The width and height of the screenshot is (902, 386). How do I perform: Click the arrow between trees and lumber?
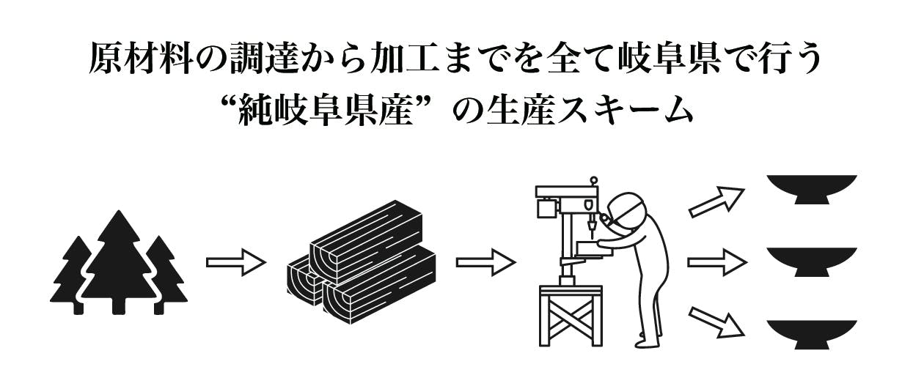[236, 262]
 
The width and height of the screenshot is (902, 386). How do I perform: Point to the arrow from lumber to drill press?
[486, 262]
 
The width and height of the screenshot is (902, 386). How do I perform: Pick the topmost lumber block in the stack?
[367, 241]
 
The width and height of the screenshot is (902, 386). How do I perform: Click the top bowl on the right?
[811, 190]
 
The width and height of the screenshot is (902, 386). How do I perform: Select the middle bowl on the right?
[811, 262]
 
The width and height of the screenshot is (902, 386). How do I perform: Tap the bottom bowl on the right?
[811, 335]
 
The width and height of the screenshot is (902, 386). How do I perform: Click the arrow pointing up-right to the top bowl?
[716, 202]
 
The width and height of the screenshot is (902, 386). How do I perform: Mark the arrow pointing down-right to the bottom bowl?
[716, 322]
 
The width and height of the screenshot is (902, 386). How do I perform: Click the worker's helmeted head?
[628, 211]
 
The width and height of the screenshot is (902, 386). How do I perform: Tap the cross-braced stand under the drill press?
[571, 316]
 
